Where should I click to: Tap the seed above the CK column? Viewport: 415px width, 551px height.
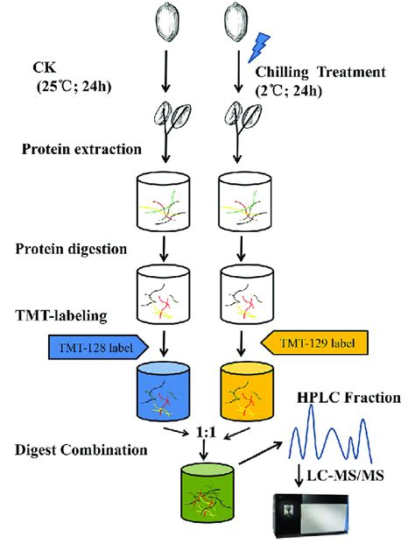[166, 24]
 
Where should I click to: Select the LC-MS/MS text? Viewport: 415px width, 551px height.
[354, 475]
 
